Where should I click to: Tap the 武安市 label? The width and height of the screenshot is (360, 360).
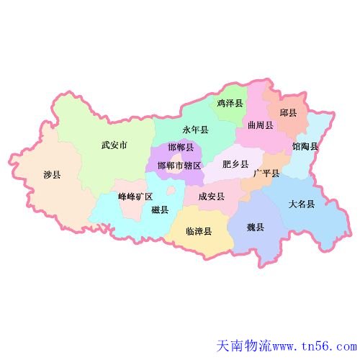coord(114,145)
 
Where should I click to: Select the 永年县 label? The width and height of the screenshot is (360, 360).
coord(195,130)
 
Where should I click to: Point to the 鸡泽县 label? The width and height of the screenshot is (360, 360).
coord(230,104)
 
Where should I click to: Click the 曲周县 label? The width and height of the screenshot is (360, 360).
coord(260,125)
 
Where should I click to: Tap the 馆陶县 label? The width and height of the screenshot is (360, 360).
coord(305,147)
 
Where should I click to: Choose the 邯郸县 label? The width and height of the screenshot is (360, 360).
coord(180,148)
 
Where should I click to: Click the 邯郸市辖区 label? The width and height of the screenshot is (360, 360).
coord(179,166)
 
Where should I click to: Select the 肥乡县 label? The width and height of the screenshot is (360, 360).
coord(235,164)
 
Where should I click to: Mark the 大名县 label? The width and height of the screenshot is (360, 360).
coord(302,204)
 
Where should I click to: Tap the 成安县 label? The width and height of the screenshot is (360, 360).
coord(211,196)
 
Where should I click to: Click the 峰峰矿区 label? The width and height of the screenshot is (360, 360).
coord(135,197)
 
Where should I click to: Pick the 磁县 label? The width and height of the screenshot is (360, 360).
coord(160,210)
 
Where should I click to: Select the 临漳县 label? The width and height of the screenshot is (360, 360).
coord(199,231)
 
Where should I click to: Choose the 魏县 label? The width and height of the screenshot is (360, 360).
coord(256,228)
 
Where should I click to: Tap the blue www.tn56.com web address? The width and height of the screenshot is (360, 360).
coord(315,347)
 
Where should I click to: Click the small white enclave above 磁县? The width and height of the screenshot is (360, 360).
coord(171,192)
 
